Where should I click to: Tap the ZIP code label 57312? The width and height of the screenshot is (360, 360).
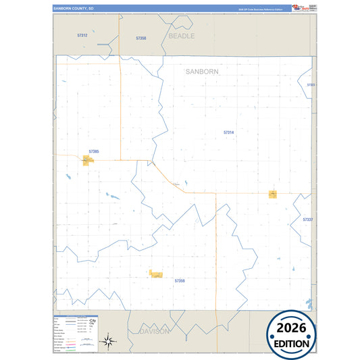coord(82,34)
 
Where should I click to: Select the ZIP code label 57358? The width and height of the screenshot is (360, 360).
coord(140,38)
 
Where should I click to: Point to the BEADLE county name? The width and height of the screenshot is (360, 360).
coord(181,36)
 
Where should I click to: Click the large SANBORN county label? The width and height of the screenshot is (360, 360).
coord(202,71)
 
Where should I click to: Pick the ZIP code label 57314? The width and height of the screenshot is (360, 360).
coord(228,132)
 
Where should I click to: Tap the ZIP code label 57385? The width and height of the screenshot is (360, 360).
coord(94,151)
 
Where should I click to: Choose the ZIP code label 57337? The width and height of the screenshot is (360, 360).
coord(308,220)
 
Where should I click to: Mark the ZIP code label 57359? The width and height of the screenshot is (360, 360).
coord(180,280)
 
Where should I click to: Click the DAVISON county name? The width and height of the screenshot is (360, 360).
coord(155,332)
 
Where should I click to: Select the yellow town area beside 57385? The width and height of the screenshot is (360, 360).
coord(88,160)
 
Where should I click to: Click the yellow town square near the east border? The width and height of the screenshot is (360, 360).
coord(273,194)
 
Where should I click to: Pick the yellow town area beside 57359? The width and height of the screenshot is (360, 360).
coord(156,275)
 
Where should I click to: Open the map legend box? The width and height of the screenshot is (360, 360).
coord(75,333)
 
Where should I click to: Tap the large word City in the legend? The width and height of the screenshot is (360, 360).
coord(92,320)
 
